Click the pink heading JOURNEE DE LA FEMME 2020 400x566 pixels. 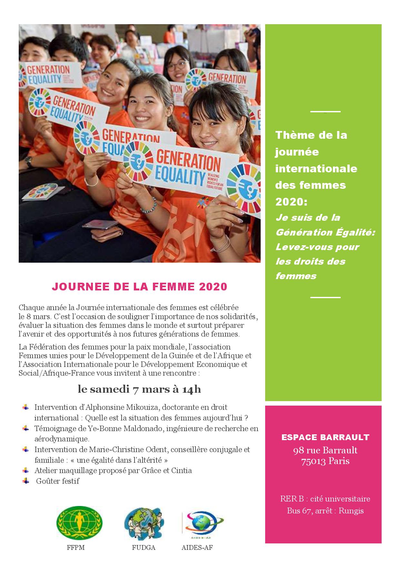click(x=139, y=287)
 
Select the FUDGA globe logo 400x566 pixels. click(x=144, y=524)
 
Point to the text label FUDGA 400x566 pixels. click(x=144, y=548)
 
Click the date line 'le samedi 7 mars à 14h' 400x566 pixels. click(x=139, y=389)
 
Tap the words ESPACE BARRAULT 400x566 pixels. click(x=325, y=438)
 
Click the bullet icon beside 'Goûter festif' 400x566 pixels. click(x=25, y=481)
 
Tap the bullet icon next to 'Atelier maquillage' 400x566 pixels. click(x=25, y=470)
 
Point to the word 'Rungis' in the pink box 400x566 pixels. click(x=351, y=511)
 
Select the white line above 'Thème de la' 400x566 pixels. click(x=325, y=112)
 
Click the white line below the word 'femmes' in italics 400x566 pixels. click(x=325, y=297)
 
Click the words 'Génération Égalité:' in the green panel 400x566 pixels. click(x=325, y=232)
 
